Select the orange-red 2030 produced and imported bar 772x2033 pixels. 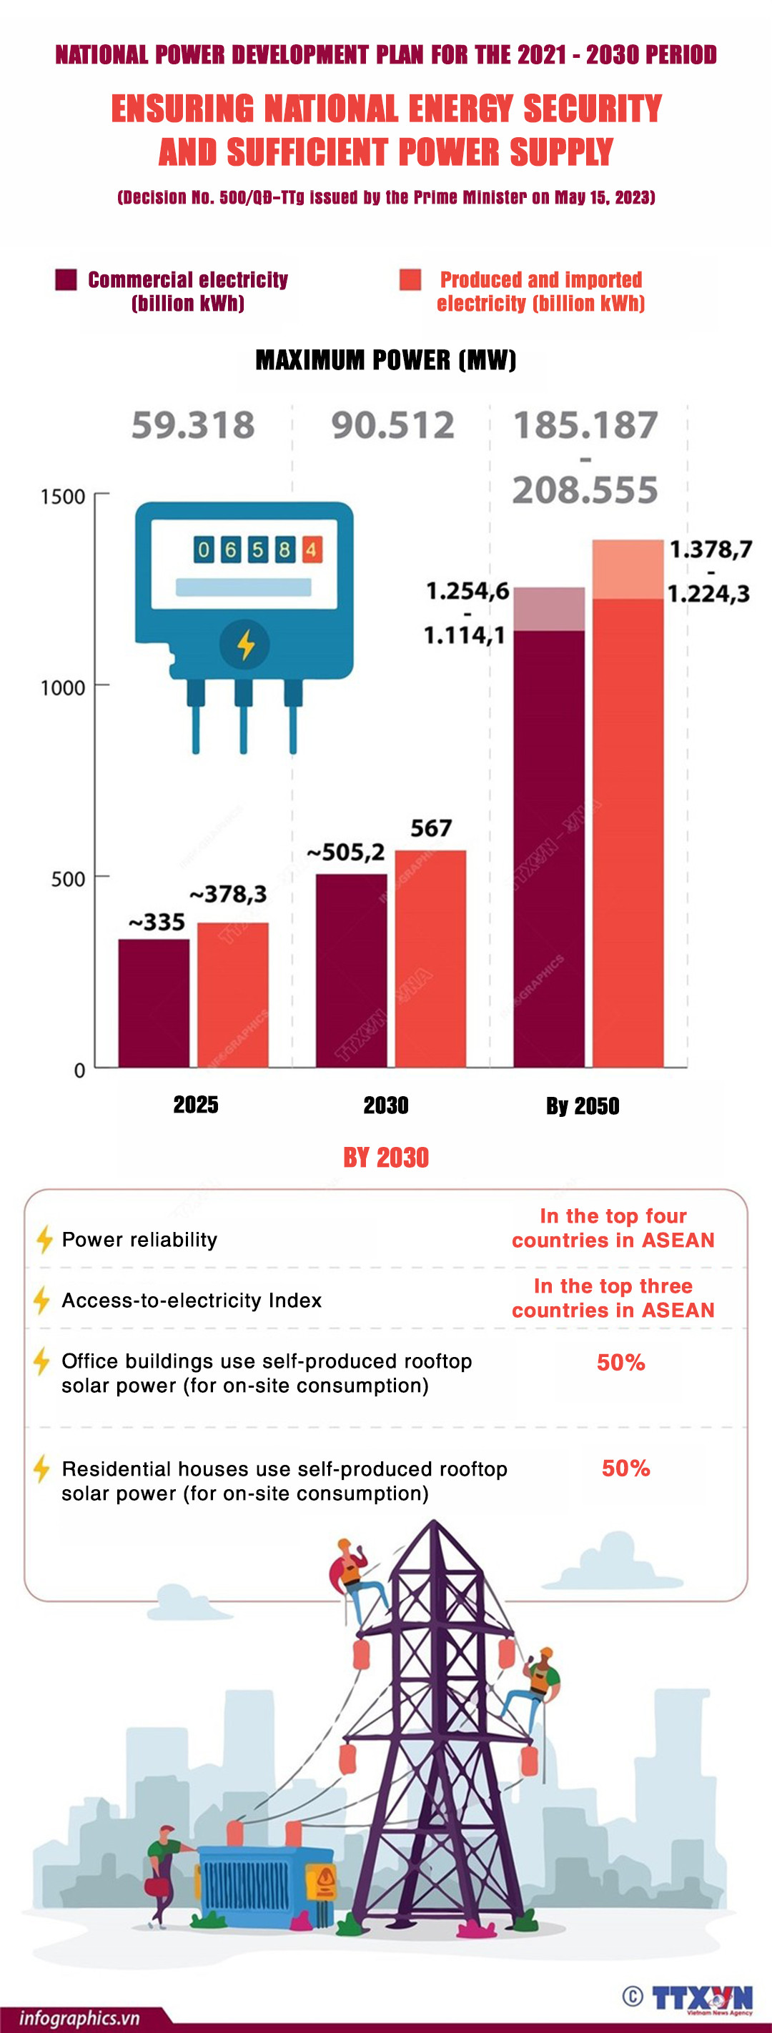point(430,959)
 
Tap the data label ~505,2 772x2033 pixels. point(346,853)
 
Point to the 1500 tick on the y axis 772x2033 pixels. point(63,497)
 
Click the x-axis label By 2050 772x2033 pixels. point(583,1105)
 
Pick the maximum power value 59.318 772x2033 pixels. point(194,425)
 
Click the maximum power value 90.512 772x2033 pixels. point(392,425)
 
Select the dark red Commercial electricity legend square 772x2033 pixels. point(66,279)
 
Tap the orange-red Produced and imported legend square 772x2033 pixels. point(410,279)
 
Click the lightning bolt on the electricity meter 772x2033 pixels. point(245,645)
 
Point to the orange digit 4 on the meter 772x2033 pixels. point(311,550)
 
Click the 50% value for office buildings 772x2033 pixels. point(621,1362)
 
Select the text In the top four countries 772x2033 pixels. point(613,1228)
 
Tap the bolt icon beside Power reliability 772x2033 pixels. point(44,1239)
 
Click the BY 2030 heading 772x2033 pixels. point(386,1158)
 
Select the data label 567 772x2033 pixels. point(431,828)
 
